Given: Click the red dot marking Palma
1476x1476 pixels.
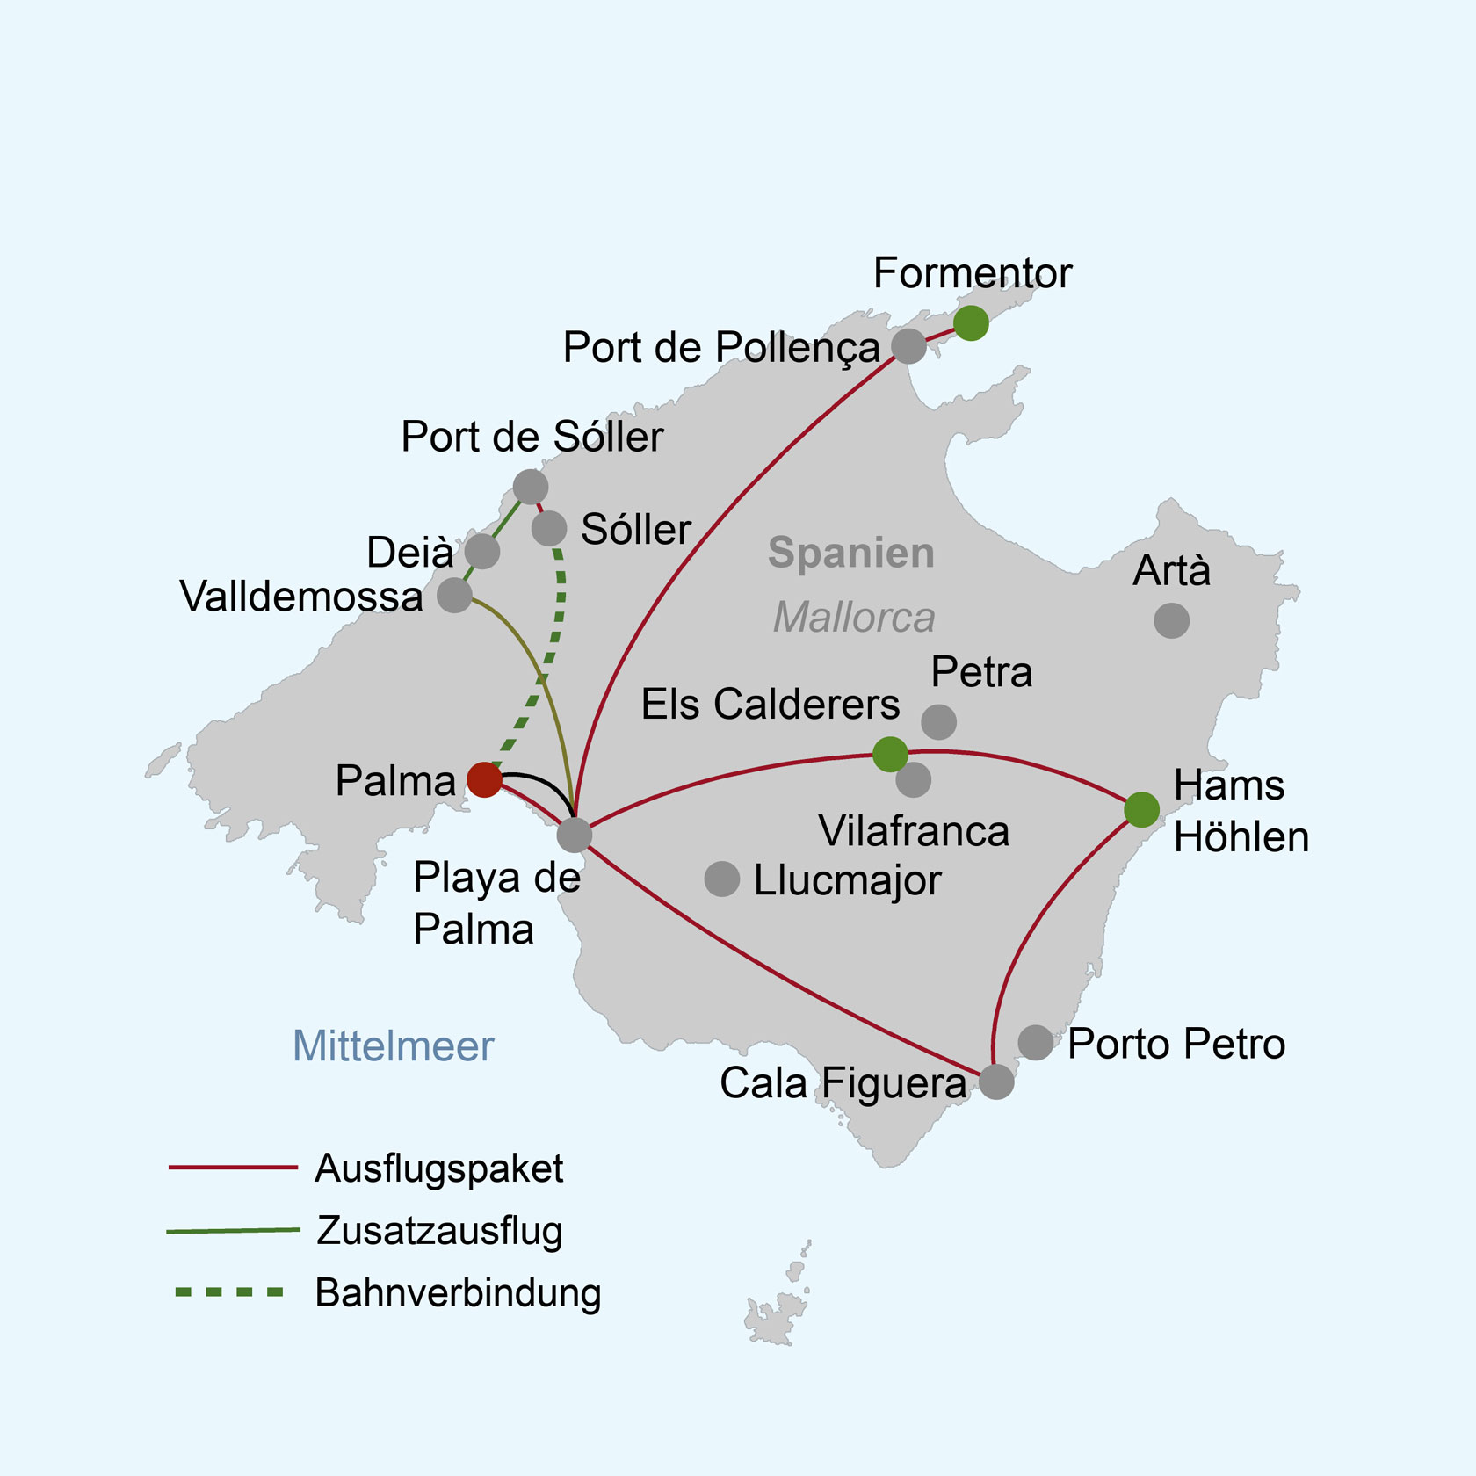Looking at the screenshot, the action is click(484, 779).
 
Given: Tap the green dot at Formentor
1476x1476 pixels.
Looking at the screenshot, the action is click(971, 323).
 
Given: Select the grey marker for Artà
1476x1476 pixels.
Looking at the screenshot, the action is click(1171, 620).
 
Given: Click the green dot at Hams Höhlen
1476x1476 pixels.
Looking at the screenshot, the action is click(1141, 809).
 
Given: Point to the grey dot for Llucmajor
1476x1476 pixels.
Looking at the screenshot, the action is click(721, 879).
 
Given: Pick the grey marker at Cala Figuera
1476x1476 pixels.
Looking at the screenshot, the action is click(996, 1082).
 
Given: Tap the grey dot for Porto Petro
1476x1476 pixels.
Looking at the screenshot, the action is click(1036, 1042).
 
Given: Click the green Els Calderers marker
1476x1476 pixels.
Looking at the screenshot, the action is click(890, 754).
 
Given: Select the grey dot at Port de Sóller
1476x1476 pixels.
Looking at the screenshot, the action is click(531, 486).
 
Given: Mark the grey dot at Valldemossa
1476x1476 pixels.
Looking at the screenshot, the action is click(454, 595).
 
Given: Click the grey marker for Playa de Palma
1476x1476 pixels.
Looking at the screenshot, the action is click(574, 835).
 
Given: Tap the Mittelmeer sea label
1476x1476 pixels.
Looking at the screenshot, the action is click(393, 1046).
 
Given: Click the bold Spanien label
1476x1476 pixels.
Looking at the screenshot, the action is click(851, 553).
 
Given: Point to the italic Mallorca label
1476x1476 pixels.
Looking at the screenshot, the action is click(854, 617).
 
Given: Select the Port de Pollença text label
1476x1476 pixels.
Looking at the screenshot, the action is click(721, 349).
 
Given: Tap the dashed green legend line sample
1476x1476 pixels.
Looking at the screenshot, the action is click(229, 1292).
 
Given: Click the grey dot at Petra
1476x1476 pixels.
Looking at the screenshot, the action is click(938, 722).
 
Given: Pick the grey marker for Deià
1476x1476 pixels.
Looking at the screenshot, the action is click(482, 551).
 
